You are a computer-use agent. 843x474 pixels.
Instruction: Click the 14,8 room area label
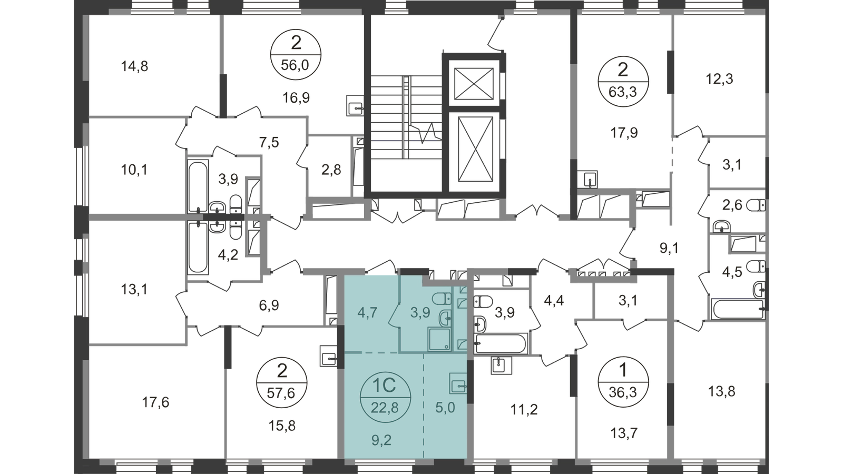tap(134, 66)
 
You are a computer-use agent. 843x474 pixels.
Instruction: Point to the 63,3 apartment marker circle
tap(623, 82)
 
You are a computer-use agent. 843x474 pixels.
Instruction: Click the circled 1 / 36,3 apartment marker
tap(623, 382)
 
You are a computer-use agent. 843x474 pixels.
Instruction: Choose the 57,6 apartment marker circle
tap(281, 382)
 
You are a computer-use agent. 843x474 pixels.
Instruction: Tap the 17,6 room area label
tap(155, 402)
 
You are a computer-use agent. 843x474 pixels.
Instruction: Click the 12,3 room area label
tap(719, 79)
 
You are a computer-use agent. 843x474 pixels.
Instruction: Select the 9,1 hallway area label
tap(670, 248)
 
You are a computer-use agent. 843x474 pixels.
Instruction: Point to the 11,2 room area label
tap(524, 409)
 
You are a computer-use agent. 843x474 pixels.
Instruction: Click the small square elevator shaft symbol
tap(474, 84)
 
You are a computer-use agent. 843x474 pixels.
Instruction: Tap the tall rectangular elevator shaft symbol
tap(476, 149)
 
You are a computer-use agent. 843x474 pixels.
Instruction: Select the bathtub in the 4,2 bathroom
tap(198, 247)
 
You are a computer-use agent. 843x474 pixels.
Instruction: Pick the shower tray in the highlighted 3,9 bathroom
tap(439, 339)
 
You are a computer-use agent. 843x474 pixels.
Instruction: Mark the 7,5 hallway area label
tap(269, 143)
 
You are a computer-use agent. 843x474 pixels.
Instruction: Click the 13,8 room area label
tap(721, 392)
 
